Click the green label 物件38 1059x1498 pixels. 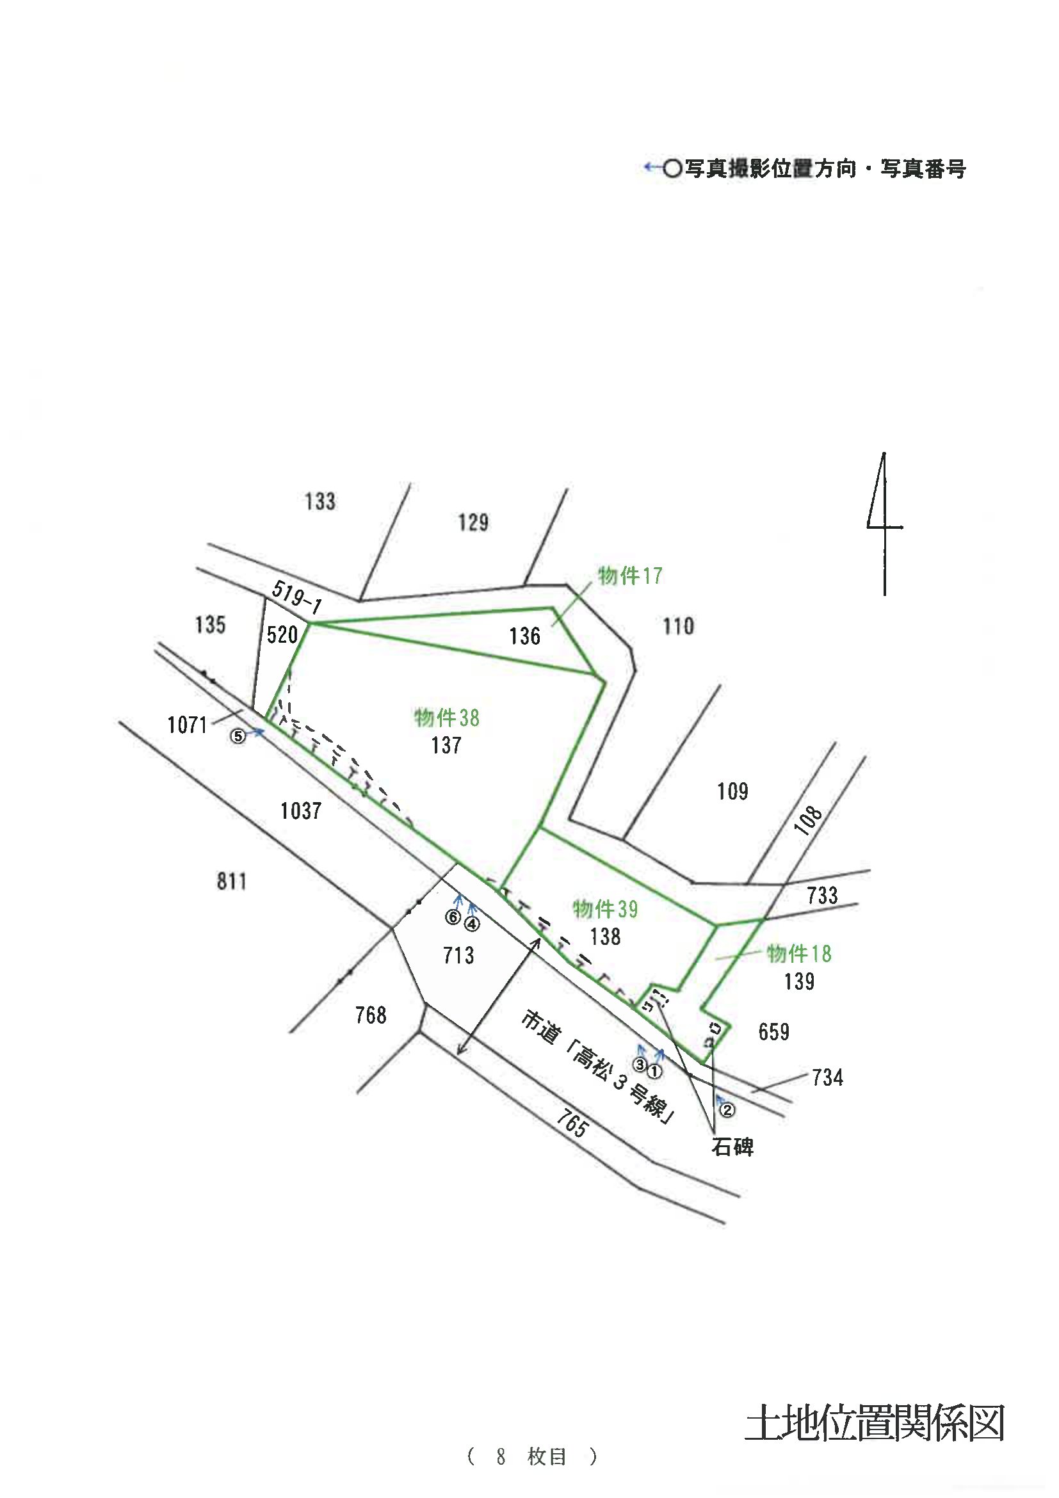click(447, 718)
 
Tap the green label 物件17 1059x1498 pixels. click(630, 576)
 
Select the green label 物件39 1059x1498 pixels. click(606, 909)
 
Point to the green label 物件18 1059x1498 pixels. click(799, 954)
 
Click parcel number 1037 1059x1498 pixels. click(301, 811)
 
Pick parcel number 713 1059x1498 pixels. click(458, 956)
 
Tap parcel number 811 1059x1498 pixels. click(232, 882)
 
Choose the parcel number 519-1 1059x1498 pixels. click(297, 597)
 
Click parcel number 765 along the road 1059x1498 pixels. click(572, 1123)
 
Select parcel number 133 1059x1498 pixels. click(319, 501)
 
